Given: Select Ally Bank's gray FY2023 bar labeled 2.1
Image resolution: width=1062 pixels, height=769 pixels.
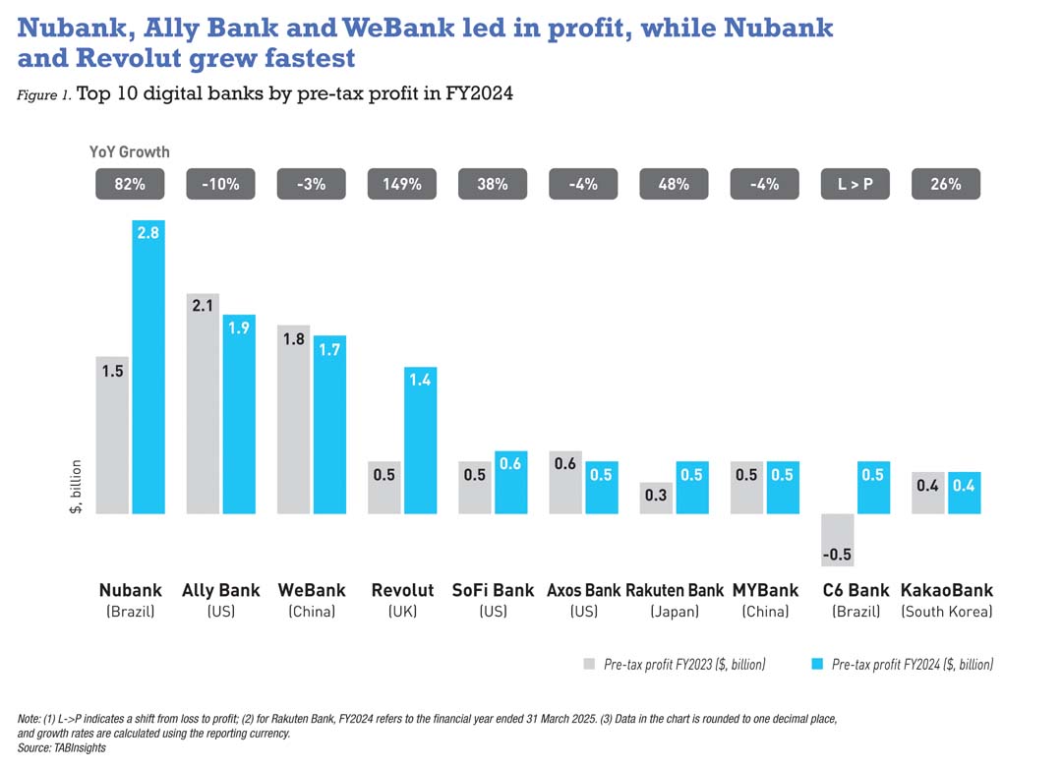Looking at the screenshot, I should click(203, 403).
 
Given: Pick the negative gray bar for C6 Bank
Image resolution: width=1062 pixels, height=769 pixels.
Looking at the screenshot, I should click(837, 540).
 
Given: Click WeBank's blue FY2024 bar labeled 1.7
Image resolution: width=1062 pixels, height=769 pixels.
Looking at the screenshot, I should click(329, 424).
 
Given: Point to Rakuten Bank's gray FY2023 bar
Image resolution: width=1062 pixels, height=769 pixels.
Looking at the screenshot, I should click(656, 498).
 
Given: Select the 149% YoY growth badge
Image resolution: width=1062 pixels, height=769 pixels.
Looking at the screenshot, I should click(402, 184).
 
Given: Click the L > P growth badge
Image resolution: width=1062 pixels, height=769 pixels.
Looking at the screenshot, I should click(855, 184).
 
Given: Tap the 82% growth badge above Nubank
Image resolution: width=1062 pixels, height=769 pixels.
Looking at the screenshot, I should click(130, 184).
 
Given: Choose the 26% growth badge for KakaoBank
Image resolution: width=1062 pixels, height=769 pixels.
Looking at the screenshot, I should click(945, 184).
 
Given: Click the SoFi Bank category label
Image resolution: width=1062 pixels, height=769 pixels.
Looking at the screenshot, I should click(493, 591).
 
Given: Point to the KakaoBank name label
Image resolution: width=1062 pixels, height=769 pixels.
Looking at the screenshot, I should click(946, 591).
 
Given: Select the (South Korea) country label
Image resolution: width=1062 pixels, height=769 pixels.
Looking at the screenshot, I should click(946, 612).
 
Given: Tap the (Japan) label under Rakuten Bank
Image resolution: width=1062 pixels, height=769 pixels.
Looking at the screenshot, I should click(675, 612).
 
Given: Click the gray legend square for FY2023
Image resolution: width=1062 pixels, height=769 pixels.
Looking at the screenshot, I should click(589, 664).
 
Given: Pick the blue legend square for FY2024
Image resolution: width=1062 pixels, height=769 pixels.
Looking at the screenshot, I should click(817, 664).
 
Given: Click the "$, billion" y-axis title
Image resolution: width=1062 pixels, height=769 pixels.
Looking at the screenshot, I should click(76, 487).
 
